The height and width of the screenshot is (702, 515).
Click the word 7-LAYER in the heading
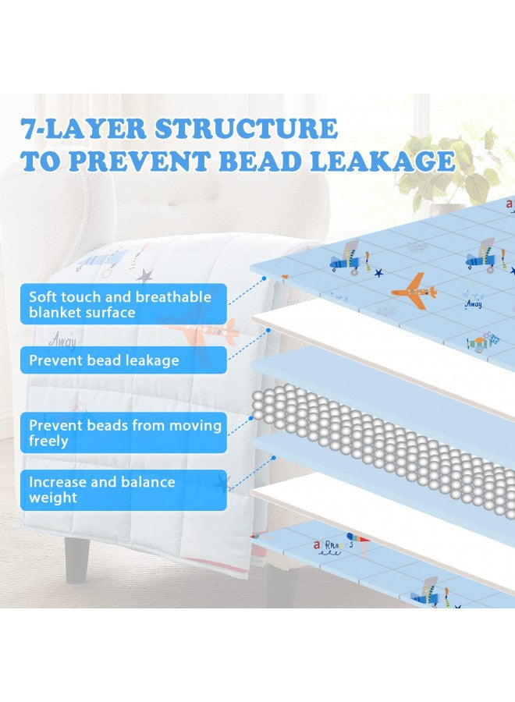83,128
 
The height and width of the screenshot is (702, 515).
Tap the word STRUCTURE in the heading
246,128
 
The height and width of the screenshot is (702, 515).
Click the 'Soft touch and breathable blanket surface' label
123,304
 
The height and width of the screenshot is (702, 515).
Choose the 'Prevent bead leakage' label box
123,360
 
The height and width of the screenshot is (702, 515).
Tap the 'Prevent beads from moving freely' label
123,432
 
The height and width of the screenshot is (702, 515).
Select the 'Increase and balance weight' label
123,490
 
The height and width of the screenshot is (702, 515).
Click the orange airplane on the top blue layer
414,291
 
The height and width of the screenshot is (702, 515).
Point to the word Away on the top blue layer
474,304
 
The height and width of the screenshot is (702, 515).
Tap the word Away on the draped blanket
62,340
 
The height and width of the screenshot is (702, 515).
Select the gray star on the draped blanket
144,275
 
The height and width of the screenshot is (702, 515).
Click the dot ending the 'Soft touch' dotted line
265,278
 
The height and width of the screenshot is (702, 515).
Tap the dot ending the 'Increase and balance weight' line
273,458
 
